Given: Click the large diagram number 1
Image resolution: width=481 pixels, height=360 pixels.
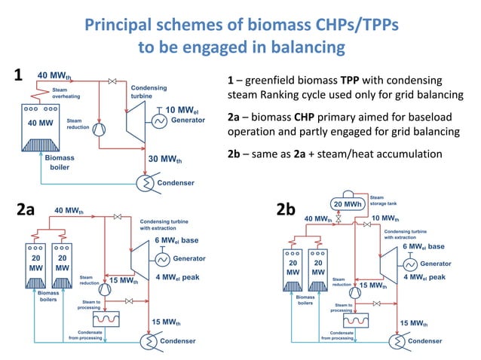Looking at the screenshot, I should click(19, 76).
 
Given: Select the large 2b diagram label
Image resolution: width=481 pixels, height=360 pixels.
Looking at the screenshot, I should click(286, 209).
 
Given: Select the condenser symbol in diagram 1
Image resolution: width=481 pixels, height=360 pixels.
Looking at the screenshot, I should click(144, 182).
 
